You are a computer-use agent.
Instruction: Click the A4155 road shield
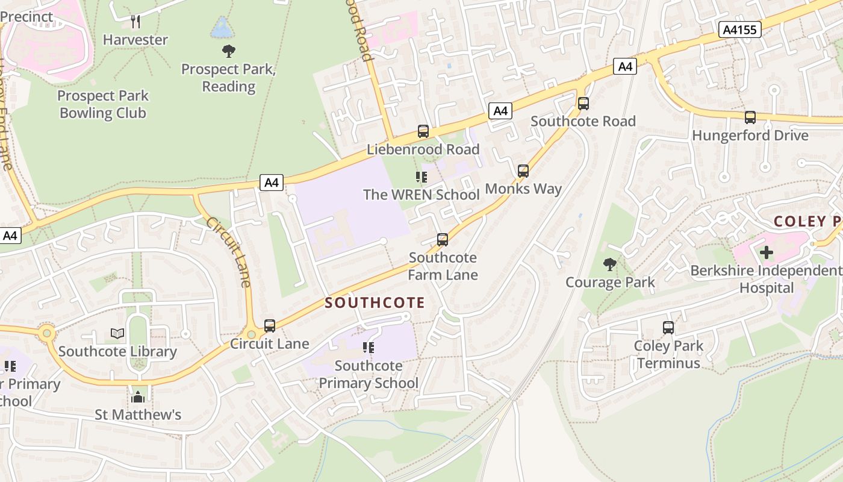coord(740,30)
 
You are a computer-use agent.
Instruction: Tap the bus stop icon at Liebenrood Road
coord(423,131)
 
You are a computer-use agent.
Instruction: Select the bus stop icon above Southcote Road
coord(583,104)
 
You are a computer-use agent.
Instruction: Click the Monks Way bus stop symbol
coord(523,171)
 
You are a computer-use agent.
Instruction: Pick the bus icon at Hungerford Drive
coord(750,117)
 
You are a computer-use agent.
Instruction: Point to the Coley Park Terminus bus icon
coord(668,328)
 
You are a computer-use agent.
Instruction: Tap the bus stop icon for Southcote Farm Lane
coord(443,240)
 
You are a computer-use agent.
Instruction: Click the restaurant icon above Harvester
coord(135,22)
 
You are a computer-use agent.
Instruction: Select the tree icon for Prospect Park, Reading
coord(228,51)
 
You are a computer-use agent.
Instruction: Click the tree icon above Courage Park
coord(610,264)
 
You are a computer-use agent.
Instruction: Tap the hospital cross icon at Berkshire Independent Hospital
coord(766,252)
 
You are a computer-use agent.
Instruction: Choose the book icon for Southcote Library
coord(117,333)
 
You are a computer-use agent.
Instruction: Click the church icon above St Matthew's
coord(138,397)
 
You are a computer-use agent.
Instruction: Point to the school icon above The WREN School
coord(421,177)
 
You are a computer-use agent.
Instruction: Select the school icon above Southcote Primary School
coord(369,348)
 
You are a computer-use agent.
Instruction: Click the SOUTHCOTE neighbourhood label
coord(375,303)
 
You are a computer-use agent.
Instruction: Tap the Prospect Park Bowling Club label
coord(103,104)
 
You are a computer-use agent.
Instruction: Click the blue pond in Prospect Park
coord(221,27)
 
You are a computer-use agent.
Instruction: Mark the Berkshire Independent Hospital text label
coord(767,280)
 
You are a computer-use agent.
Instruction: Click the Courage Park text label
coord(610,282)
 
